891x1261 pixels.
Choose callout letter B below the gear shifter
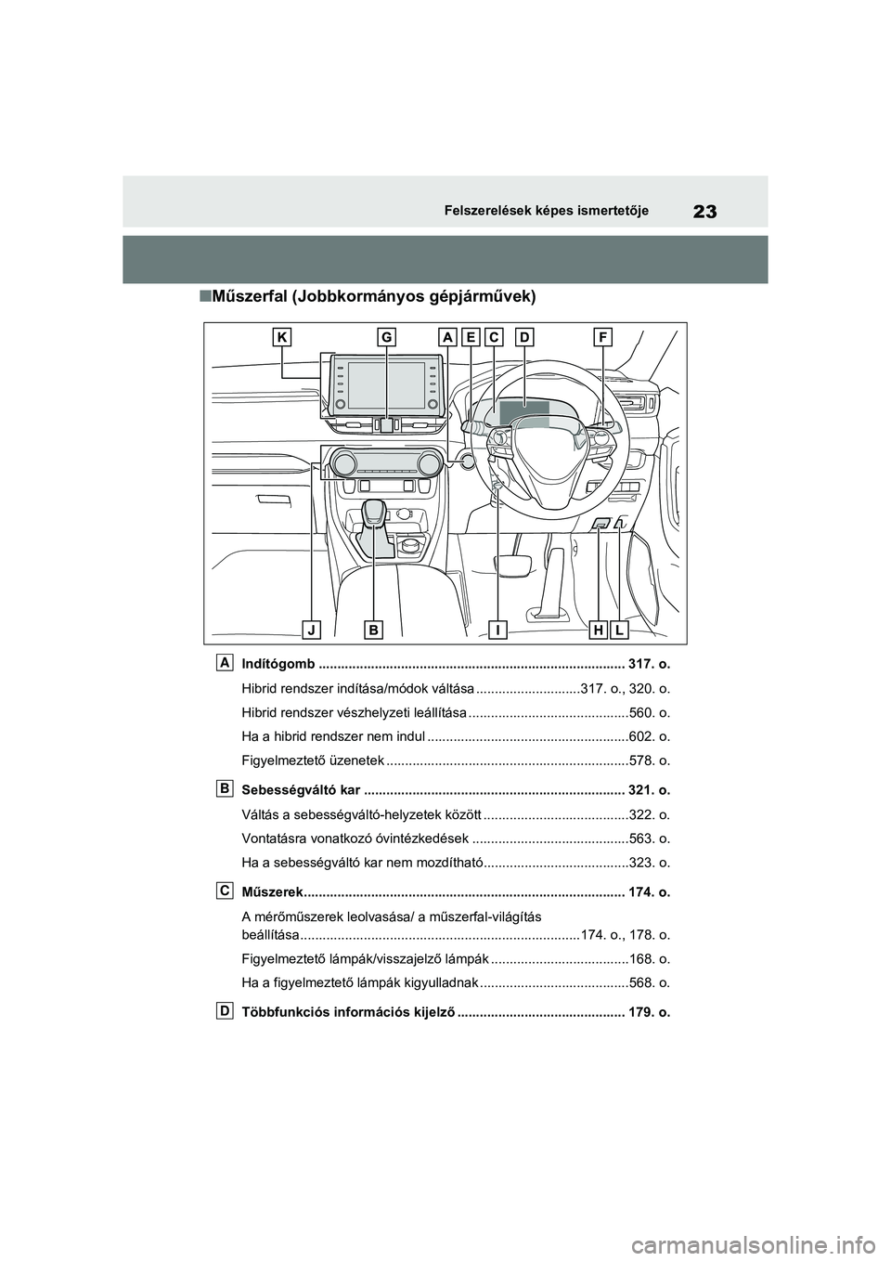point(374,630)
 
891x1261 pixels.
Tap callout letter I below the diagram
point(498,630)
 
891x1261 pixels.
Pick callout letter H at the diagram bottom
point(599,630)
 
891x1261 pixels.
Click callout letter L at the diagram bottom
point(619,630)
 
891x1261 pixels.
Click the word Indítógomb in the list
point(278,666)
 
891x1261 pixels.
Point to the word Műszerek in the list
point(270,892)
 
